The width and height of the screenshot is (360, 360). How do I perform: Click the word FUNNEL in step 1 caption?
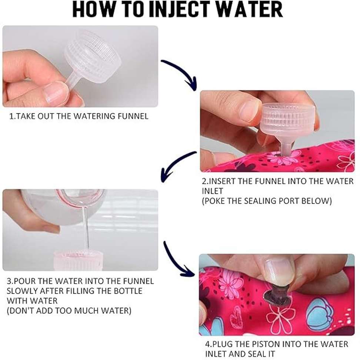133,116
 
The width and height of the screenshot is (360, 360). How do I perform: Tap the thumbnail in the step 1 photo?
56,92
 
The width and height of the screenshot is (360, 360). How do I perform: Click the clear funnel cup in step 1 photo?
93,57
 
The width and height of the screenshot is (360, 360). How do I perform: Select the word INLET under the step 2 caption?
212,191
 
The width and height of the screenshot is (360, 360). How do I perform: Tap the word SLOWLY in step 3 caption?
22,291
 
